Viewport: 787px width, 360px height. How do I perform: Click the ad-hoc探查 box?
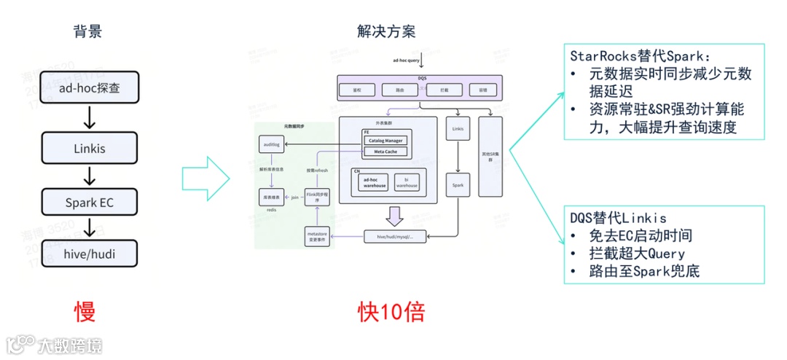click(x=90, y=88)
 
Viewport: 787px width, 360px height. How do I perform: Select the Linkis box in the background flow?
click(x=90, y=149)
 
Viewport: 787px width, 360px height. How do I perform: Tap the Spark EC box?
click(x=90, y=203)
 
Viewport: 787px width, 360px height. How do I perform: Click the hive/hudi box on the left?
click(x=90, y=254)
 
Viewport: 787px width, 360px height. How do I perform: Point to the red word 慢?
click(x=85, y=312)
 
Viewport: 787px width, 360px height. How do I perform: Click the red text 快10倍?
click(x=391, y=312)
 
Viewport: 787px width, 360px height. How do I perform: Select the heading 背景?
click(x=87, y=31)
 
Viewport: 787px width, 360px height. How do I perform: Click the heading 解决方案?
click(x=386, y=31)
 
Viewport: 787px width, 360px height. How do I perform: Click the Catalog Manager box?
click(x=385, y=140)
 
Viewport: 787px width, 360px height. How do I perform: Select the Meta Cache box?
click(x=385, y=152)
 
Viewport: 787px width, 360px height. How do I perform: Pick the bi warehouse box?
click(x=407, y=183)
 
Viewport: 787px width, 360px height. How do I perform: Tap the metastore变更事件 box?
click(x=318, y=236)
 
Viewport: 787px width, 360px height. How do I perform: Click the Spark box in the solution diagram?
click(x=458, y=185)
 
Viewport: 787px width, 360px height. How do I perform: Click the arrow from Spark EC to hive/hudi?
click(x=90, y=228)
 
